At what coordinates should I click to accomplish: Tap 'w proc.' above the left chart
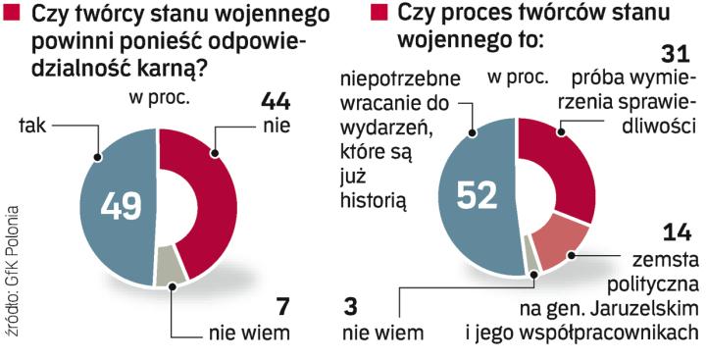158,96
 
